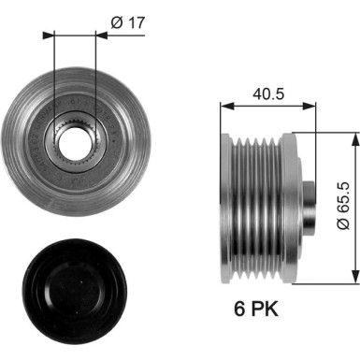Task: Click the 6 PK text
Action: (252, 308)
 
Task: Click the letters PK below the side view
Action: (262, 308)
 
